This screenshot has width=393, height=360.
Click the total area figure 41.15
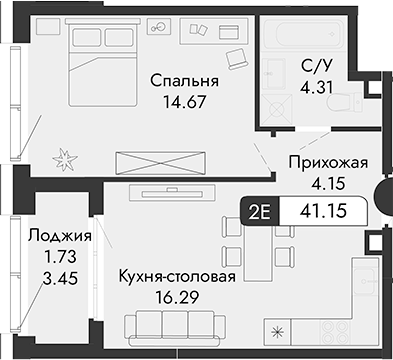tap(325, 211)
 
